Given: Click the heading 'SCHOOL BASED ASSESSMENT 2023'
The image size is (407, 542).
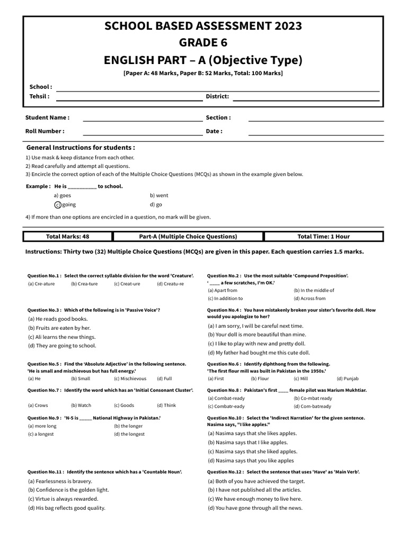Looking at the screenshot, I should click(203, 26).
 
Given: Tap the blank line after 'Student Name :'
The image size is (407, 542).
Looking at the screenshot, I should click(143, 121).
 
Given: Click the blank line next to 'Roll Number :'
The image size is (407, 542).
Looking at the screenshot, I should click(143, 134).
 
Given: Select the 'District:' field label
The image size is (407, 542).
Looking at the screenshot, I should click(217, 96).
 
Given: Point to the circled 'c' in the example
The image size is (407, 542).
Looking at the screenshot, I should click(57, 205).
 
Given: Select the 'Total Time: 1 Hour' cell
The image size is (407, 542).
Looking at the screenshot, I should click(323, 237).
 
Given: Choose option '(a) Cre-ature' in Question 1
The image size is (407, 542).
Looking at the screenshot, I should click(42, 284).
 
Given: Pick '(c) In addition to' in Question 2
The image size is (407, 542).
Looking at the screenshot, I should click(225, 299).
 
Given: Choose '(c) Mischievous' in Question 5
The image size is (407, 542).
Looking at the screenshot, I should click(130, 379).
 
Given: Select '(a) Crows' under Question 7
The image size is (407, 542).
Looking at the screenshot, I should click(38, 405).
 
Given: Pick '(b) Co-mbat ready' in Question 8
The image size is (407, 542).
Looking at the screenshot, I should click(313, 398).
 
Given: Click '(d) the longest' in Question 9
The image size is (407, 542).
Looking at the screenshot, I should click(129, 434).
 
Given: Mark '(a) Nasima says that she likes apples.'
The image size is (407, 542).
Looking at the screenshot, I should click(252, 433).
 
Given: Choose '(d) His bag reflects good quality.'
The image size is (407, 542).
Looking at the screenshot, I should click(66, 508).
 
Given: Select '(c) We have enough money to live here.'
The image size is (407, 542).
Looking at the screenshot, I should click(255, 499).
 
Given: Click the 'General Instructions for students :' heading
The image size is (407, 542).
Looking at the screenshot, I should click(81, 148).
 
